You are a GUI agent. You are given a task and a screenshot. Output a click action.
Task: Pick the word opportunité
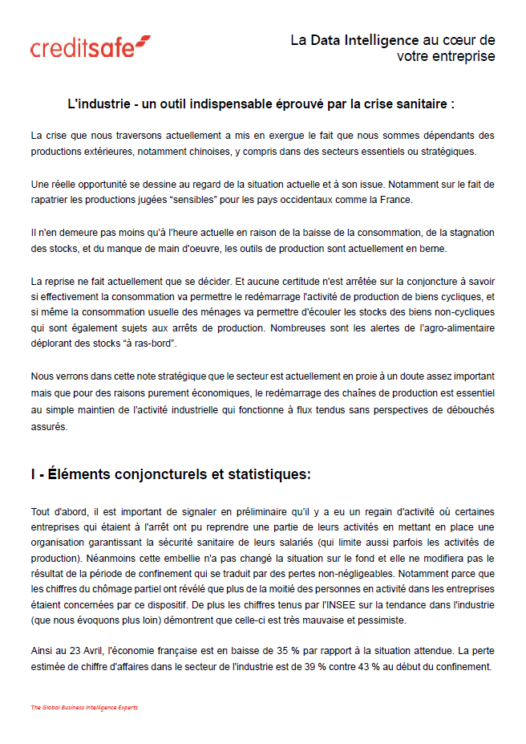pos(102,185)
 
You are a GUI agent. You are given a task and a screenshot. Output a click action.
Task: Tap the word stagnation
pos(465,233)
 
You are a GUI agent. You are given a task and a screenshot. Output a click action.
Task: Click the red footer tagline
pos(84,707)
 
